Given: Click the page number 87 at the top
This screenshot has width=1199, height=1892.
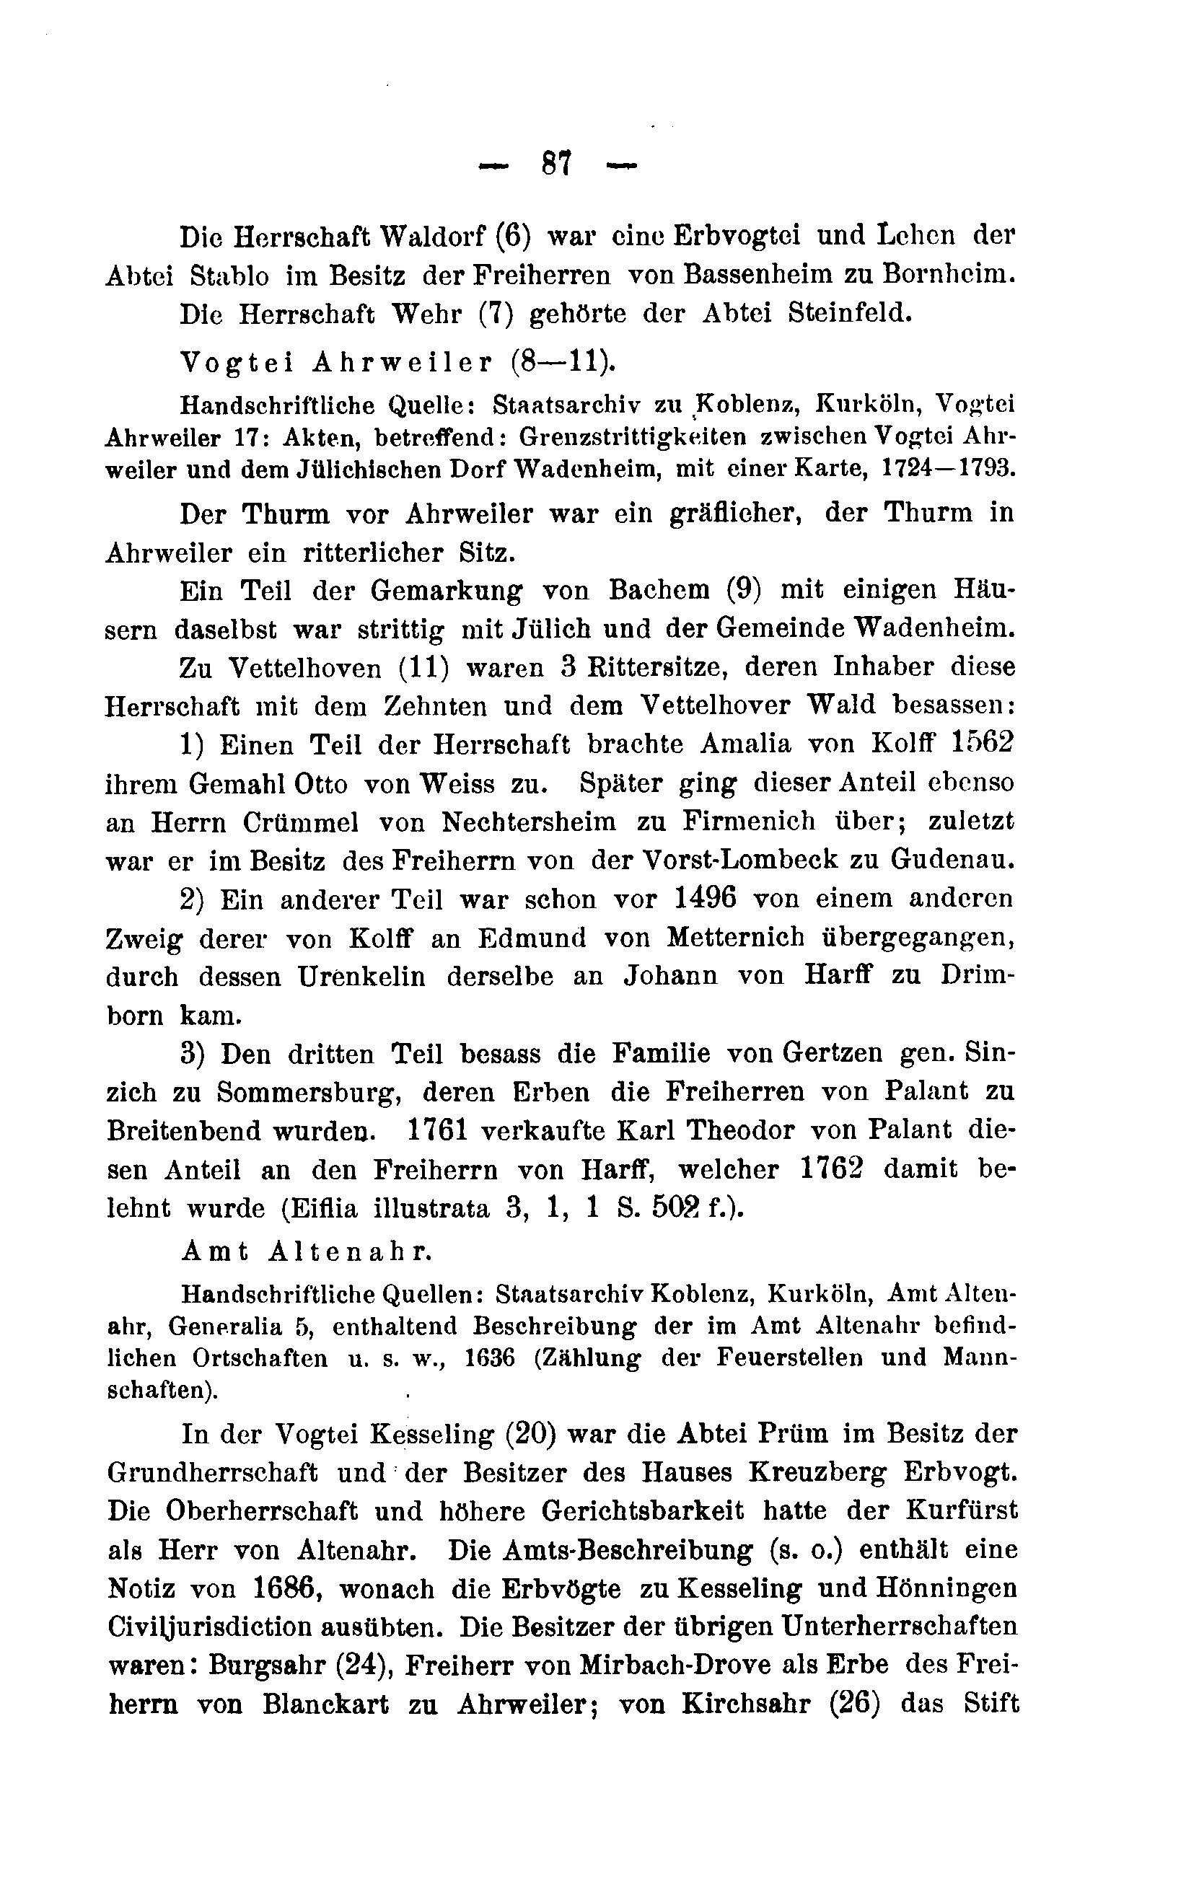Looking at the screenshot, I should (557, 166).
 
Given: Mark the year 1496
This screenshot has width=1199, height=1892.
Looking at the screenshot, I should (706, 899).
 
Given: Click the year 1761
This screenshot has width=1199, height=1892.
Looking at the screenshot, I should (439, 1132).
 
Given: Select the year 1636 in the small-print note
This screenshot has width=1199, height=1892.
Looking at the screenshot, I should (491, 1358).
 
